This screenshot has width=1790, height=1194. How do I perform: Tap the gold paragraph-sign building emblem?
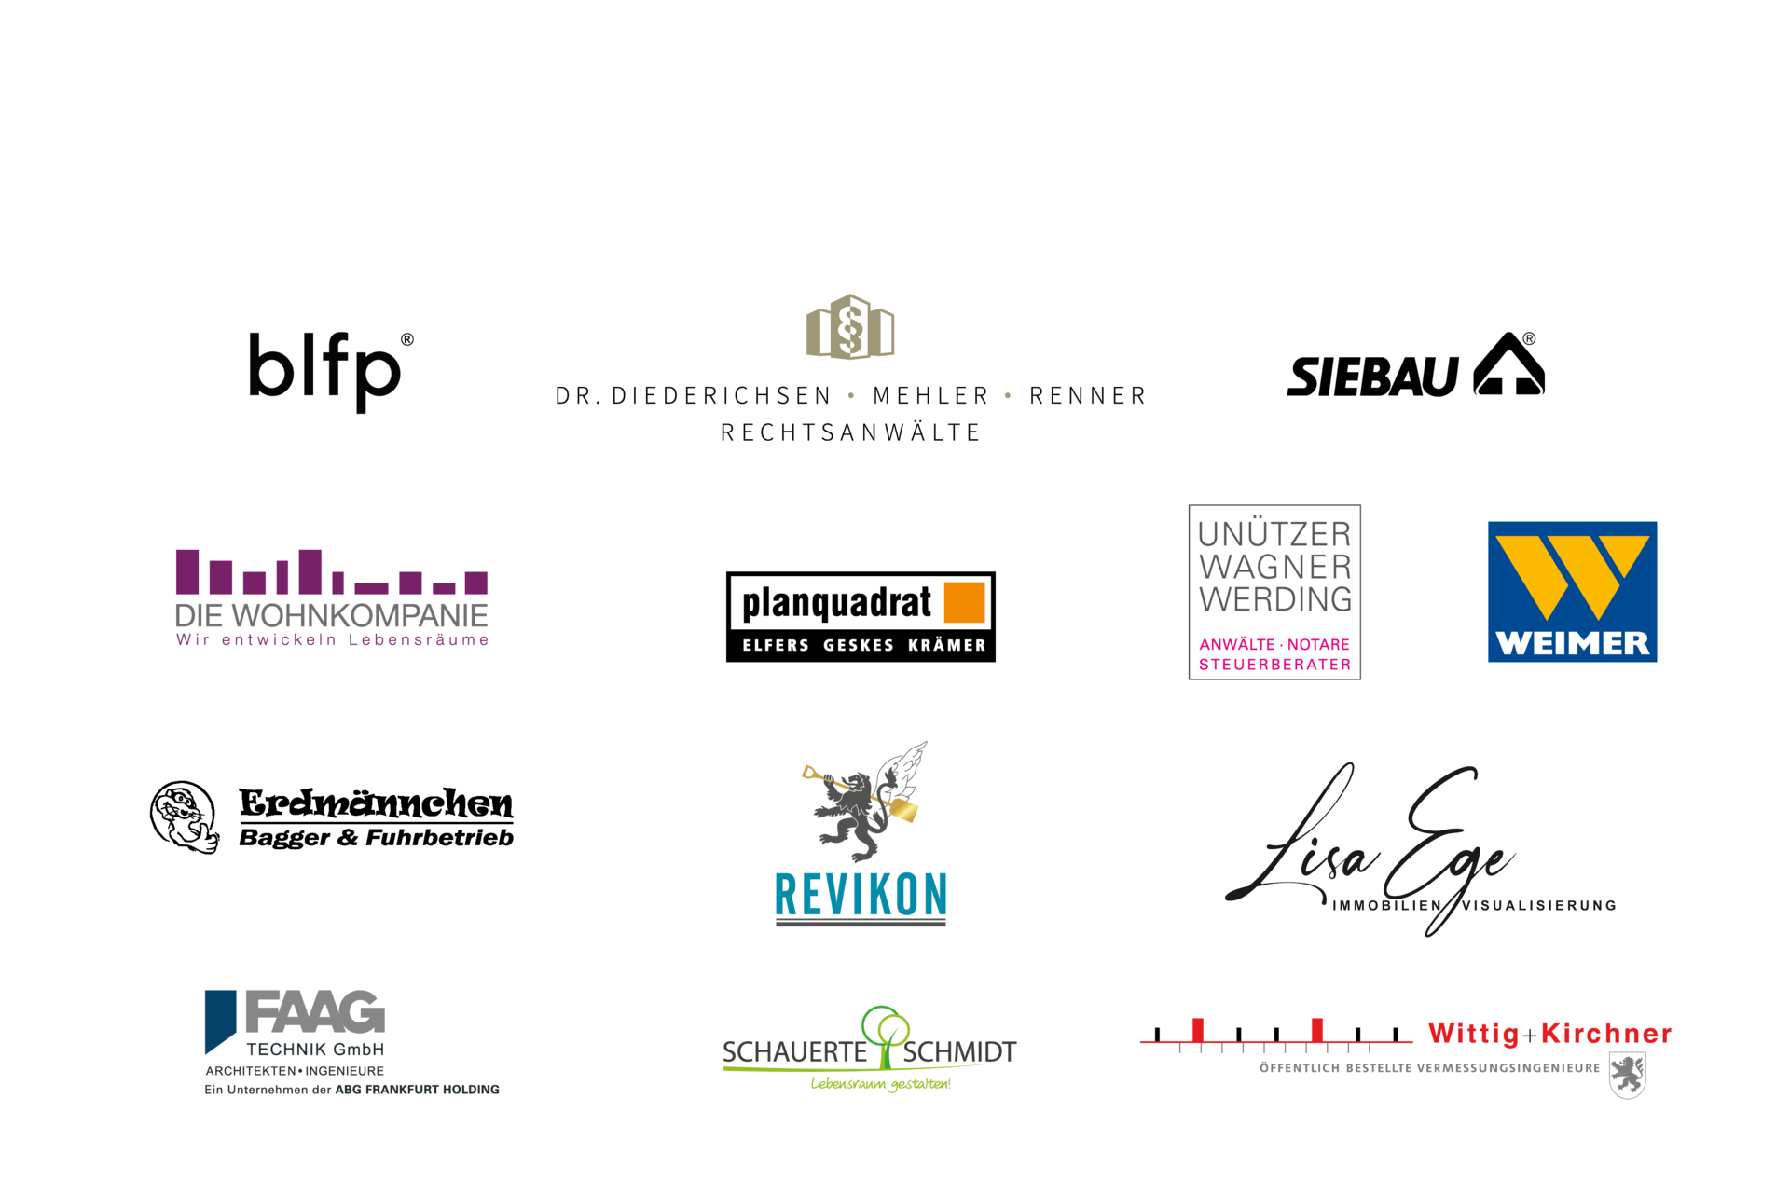click(x=849, y=327)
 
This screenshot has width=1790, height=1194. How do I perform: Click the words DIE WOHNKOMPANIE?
click(x=331, y=615)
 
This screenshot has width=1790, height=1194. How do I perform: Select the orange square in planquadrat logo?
click(x=965, y=602)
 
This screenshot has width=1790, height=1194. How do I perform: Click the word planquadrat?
click(x=836, y=604)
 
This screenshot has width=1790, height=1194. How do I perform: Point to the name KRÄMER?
click(x=946, y=645)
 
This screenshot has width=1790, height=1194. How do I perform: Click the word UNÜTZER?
click(x=1274, y=534)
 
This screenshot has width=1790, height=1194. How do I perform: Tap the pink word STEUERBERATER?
click(x=1274, y=665)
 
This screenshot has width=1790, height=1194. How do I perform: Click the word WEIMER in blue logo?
click(x=1572, y=643)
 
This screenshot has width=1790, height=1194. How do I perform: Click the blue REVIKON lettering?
click(x=861, y=895)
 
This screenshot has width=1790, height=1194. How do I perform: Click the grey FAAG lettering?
click(x=315, y=1012)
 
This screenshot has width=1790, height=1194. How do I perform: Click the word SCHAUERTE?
click(x=794, y=1052)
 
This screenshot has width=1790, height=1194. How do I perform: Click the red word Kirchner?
click(x=1606, y=1034)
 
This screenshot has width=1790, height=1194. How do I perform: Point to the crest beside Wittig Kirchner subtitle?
click(x=1628, y=1075)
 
